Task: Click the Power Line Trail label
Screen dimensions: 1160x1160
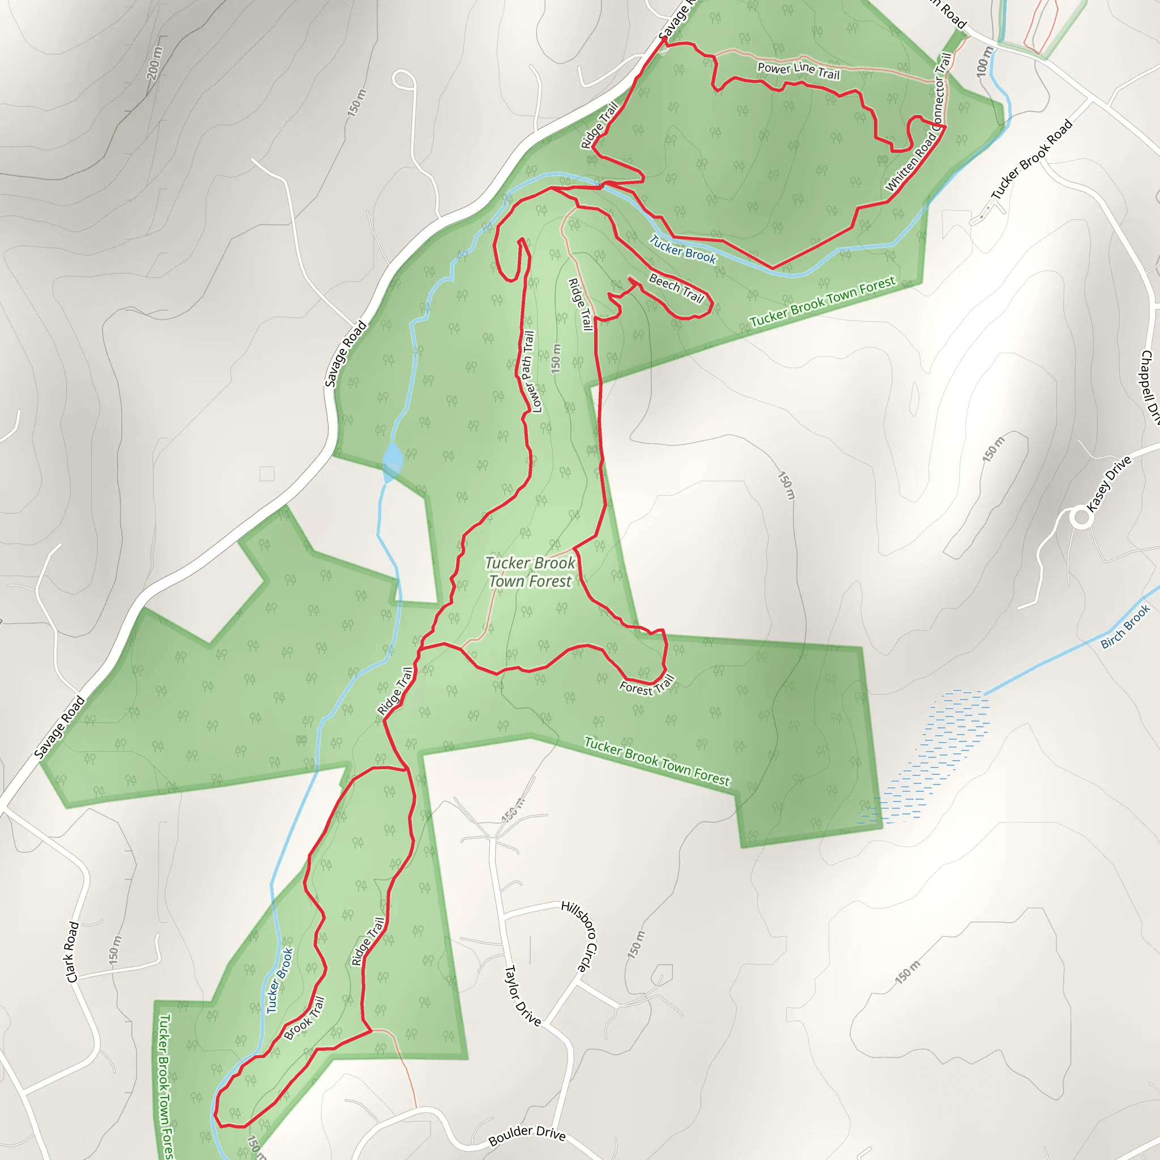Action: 798,71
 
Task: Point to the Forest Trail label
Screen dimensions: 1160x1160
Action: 647,686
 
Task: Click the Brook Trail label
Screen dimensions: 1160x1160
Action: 304,1018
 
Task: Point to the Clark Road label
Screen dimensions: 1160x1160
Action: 72,952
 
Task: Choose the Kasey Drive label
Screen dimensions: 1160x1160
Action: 1109,483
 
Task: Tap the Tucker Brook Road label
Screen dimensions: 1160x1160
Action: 1031,160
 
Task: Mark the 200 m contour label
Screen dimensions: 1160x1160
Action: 154,63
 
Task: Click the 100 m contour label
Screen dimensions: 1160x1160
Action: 983,61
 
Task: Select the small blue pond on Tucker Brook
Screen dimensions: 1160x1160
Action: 393,460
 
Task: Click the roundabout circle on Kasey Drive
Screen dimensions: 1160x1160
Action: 1081,518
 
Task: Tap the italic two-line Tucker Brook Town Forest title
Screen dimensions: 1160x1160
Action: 530,572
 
